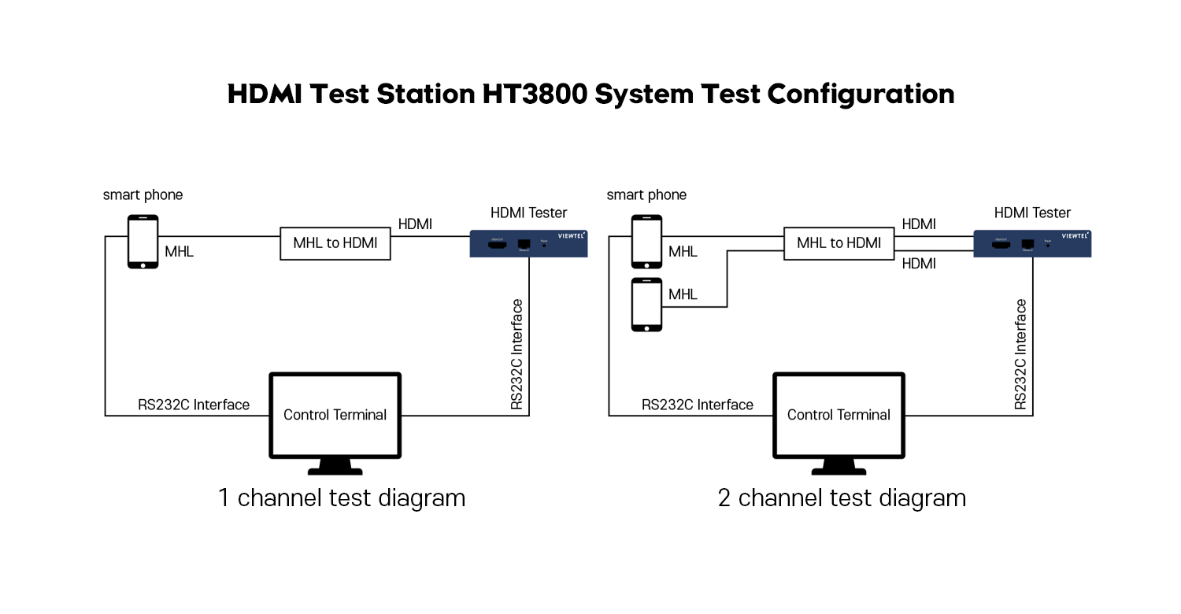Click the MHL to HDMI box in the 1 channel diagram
pos(335,243)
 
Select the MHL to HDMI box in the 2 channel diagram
pos(839,243)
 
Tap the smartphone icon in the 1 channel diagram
pos(143,242)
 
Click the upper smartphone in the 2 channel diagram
pos(646,242)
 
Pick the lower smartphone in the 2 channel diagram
pos(646,305)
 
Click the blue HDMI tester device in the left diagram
pos(528,243)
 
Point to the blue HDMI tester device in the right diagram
pos(1032,243)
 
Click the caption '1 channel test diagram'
pos(342,497)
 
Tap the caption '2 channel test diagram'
pos(842,497)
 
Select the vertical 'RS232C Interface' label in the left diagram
pos(517,354)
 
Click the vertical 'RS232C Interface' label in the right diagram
pos(1021,354)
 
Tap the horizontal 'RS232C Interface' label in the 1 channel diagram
pos(194,405)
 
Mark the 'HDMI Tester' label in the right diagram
pos(1032,213)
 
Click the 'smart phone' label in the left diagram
pos(143,194)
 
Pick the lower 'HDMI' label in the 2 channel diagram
pos(919,264)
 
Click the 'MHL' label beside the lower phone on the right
pos(683,294)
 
